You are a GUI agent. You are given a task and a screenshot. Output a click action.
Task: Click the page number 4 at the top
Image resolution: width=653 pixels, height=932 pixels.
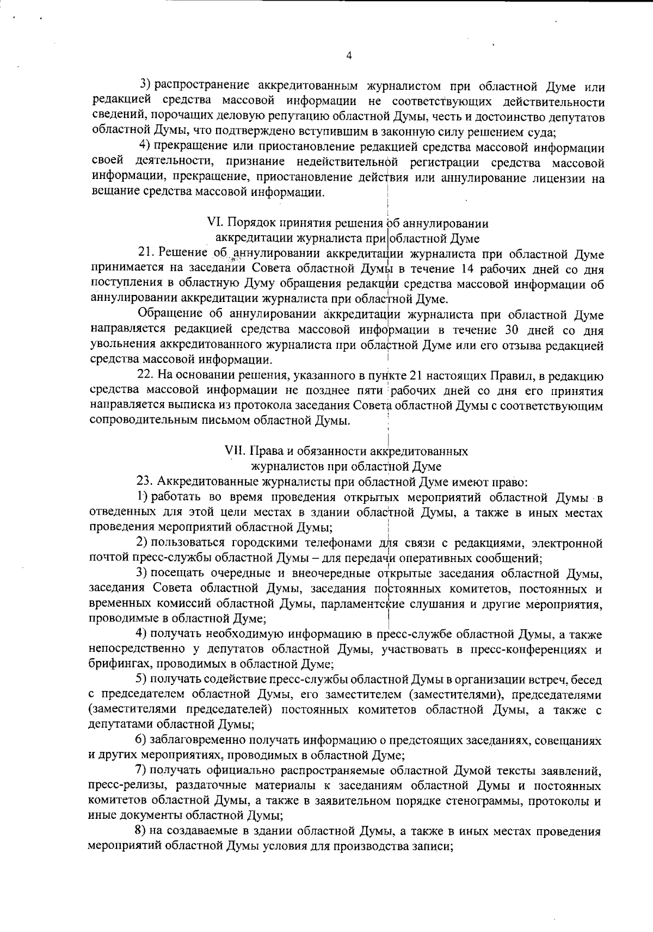[x=349, y=55]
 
